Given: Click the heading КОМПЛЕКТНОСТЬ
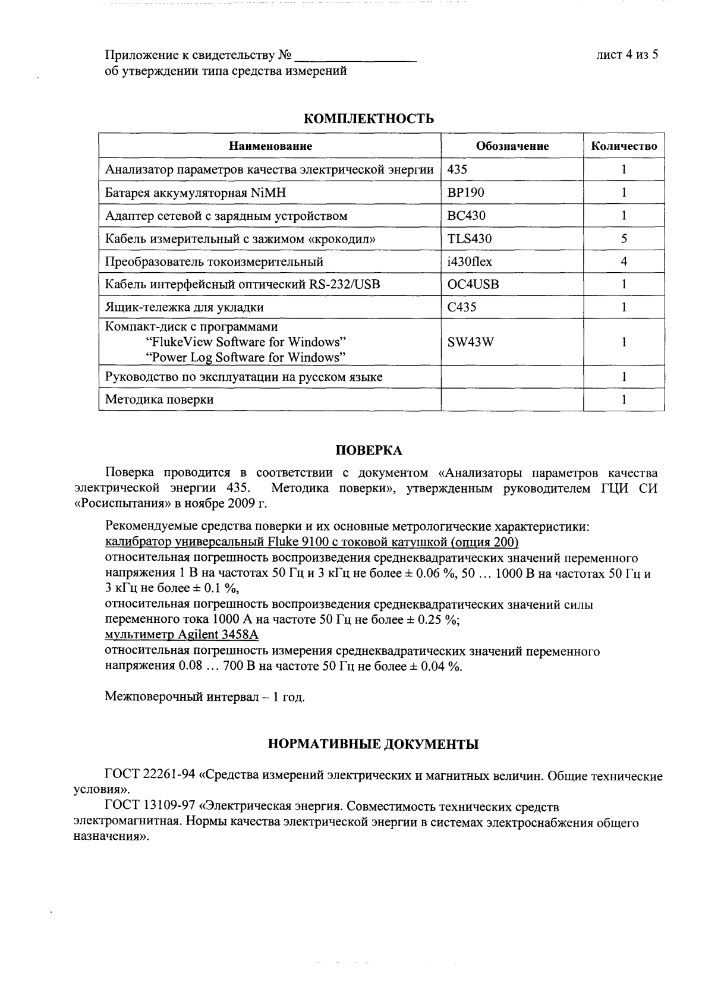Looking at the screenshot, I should (x=369, y=118).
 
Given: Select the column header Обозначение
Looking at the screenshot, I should (x=512, y=146).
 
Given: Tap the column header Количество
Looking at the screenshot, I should (x=624, y=146).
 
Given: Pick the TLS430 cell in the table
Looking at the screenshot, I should (x=469, y=239).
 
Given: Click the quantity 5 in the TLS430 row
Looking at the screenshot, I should (x=624, y=239).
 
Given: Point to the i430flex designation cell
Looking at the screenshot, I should (x=469, y=262).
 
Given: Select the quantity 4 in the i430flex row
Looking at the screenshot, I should (x=624, y=262).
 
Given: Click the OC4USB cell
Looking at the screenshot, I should (x=473, y=284).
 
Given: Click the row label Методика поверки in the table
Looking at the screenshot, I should (x=159, y=399).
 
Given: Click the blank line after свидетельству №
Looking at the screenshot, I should (x=355, y=58).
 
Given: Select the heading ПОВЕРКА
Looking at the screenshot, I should (x=369, y=450).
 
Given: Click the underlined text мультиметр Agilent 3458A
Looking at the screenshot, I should (x=182, y=635).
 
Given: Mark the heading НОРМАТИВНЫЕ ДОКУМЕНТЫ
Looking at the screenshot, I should (x=373, y=744).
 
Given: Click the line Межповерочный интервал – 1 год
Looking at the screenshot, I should (x=205, y=696).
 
